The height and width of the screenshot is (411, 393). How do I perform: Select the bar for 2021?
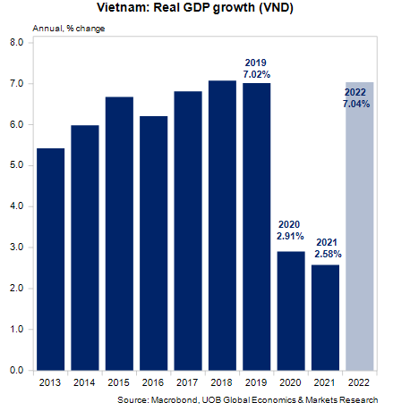click(324, 317)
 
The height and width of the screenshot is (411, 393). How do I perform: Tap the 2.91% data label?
click(290, 237)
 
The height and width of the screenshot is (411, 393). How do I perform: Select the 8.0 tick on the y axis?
click(17, 43)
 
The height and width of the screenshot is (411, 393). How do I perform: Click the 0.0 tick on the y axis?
click(17, 370)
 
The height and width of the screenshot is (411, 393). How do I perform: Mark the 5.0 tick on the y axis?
click(17, 165)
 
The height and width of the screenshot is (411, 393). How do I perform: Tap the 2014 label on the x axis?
click(85, 382)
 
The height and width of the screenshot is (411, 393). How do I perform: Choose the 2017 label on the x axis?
click(188, 382)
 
